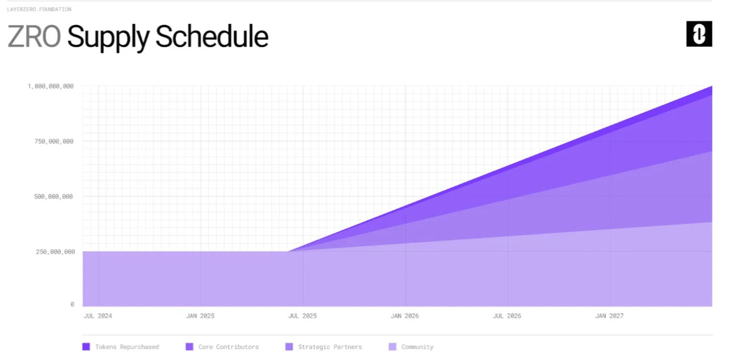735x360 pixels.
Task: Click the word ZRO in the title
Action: (34, 36)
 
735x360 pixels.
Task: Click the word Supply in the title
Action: (108, 37)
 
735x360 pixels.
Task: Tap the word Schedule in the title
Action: (212, 36)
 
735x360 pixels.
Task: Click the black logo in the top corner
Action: (699, 34)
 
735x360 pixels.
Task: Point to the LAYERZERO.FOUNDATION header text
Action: (39, 9)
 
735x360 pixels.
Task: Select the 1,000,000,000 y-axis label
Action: (51, 86)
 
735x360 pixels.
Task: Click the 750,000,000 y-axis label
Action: (54, 141)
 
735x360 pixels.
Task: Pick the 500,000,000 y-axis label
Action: (54, 197)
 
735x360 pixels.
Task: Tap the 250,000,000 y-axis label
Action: (55, 252)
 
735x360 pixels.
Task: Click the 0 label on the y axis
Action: (72, 304)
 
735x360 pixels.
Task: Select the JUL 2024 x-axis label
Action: (98, 315)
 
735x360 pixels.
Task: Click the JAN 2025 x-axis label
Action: (200, 315)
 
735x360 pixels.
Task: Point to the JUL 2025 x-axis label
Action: (302, 315)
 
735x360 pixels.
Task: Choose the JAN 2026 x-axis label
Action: (404, 315)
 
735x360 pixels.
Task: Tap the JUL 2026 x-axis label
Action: (507, 315)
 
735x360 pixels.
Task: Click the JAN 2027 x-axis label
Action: (609, 315)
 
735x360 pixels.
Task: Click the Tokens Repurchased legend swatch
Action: (86, 347)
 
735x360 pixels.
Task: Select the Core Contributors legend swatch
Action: (189, 347)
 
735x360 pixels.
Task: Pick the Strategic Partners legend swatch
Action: (289, 347)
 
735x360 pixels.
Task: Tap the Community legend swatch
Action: (392, 347)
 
